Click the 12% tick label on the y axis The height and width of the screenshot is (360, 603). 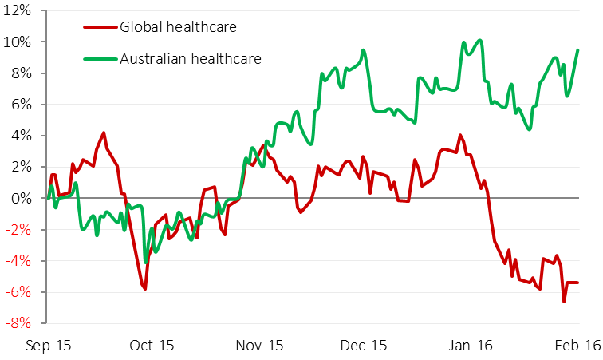click(x=20, y=10)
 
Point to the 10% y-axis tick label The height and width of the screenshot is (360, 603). click(x=20, y=42)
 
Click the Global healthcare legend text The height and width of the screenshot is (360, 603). click(x=178, y=28)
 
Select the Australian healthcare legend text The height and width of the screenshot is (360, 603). click(x=190, y=58)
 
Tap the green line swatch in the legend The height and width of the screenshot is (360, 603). click(x=100, y=58)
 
